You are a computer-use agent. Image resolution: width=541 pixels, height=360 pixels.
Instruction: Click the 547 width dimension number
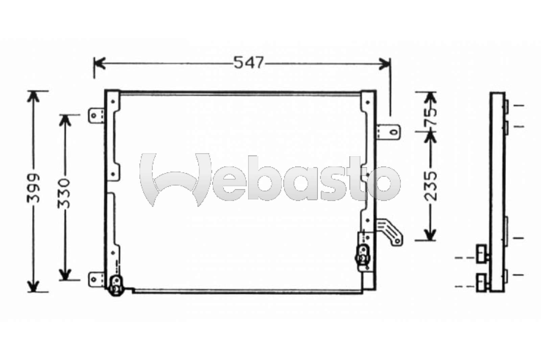click(248, 63)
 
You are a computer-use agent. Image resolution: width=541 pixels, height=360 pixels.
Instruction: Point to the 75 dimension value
click(430, 117)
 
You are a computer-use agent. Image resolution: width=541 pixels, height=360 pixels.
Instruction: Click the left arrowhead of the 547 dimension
click(99, 63)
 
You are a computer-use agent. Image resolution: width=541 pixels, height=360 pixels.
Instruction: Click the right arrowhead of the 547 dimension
click(385, 63)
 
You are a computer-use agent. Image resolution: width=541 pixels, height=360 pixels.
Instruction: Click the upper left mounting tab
click(96, 116)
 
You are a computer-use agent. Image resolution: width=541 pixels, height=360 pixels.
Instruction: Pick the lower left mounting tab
click(96, 280)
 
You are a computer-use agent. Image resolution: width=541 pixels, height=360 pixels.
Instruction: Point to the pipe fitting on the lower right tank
click(363, 256)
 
